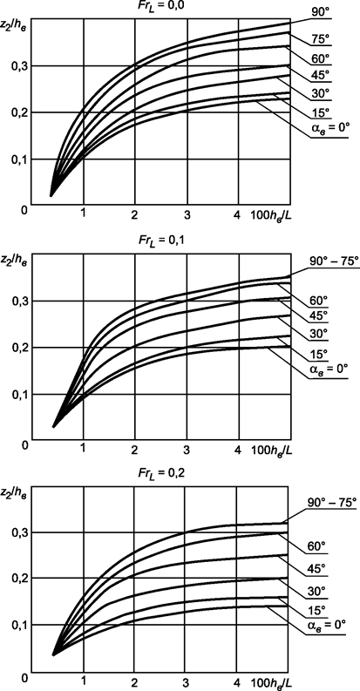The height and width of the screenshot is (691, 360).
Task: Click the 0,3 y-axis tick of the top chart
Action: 17,66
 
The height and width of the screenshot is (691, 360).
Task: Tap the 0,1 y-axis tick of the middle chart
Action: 17,395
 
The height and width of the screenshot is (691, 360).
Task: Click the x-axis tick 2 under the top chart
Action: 135,215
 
